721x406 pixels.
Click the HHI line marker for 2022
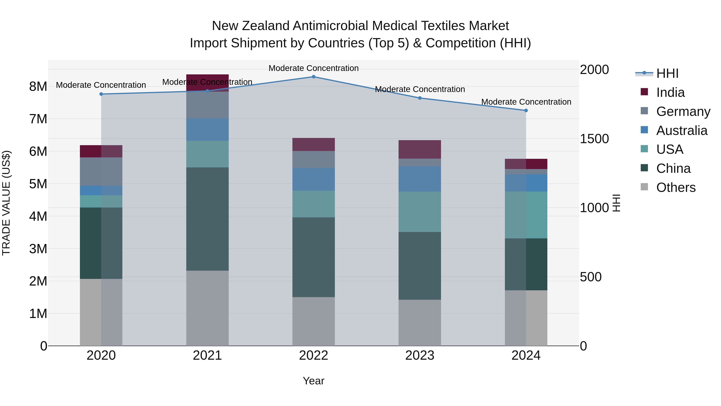[x=313, y=77]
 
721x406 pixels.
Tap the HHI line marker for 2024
[x=526, y=111]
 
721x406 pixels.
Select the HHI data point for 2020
[x=101, y=94]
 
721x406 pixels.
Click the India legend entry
[x=670, y=92]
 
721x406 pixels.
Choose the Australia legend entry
[x=682, y=131]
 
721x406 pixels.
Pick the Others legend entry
[x=676, y=187]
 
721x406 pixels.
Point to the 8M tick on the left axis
[x=38, y=87]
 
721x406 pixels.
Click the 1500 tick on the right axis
[x=594, y=139]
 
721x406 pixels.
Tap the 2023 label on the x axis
[x=420, y=355]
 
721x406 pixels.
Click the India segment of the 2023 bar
[x=420, y=149]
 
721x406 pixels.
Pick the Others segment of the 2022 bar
[x=313, y=321]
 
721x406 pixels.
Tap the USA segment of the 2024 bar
[x=526, y=215]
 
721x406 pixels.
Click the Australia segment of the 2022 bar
[x=313, y=179]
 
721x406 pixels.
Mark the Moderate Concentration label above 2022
[x=313, y=68]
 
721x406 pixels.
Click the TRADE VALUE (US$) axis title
[x=6, y=203]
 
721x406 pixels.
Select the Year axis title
[x=313, y=381]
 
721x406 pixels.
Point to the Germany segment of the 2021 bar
[x=207, y=105]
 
